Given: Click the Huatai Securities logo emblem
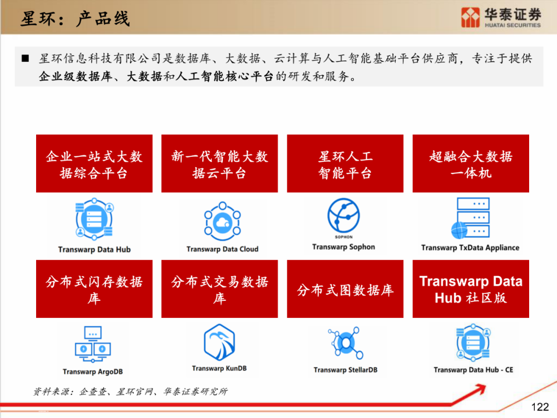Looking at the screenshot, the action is (470, 17).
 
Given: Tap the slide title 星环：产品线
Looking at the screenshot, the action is (75, 19).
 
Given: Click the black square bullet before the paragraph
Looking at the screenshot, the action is (25, 58).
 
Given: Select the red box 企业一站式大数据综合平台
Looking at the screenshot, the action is (94, 164).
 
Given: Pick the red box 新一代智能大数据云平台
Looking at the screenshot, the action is (220, 164).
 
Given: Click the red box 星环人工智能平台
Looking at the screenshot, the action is (345, 164).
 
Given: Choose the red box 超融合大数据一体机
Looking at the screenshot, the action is (471, 164).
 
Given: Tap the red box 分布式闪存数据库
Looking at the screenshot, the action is (94, 289).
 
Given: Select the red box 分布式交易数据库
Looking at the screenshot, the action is (220, 289).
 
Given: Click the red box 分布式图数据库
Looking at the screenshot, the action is (345, 289).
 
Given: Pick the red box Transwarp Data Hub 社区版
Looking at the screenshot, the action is (471, 289).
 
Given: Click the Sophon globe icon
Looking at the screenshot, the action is (343, 215).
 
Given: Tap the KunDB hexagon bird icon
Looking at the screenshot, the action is (219, 342).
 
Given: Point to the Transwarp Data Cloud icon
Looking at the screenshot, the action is (222, 221).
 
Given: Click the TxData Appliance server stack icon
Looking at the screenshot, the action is (470, 218).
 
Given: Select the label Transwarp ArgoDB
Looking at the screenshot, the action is (93, 372).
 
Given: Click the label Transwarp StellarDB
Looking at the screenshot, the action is (345, 369).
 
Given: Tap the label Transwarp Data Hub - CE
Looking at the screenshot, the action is (473, 369).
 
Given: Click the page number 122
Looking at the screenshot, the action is (540, 407).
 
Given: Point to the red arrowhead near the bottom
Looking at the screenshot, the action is (480, 389).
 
